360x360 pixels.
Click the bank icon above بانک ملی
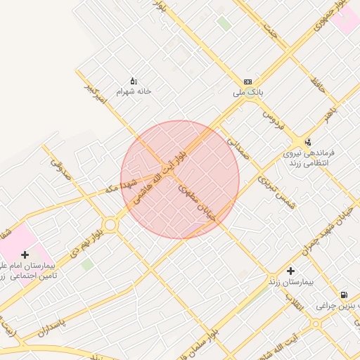point(247,82)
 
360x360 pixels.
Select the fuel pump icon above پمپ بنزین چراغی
point(343,295)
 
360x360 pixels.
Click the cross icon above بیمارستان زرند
point(291,271)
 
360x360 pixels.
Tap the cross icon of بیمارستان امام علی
point(25,255)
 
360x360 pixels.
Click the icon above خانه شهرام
point(134,81)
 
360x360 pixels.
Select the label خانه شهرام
point(134,91)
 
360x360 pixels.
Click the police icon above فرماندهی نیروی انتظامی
point(307,141)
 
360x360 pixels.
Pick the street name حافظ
point(318,88)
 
